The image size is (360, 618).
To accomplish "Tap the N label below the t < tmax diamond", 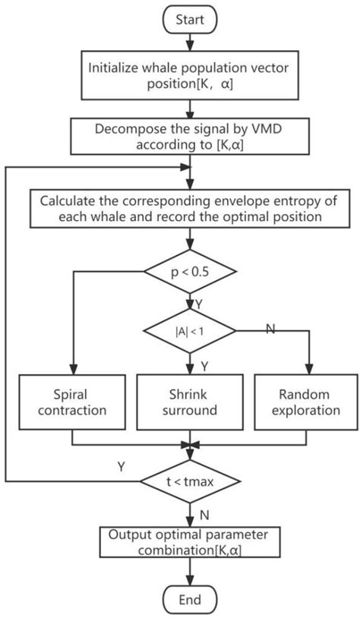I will (x=204, y=514).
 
